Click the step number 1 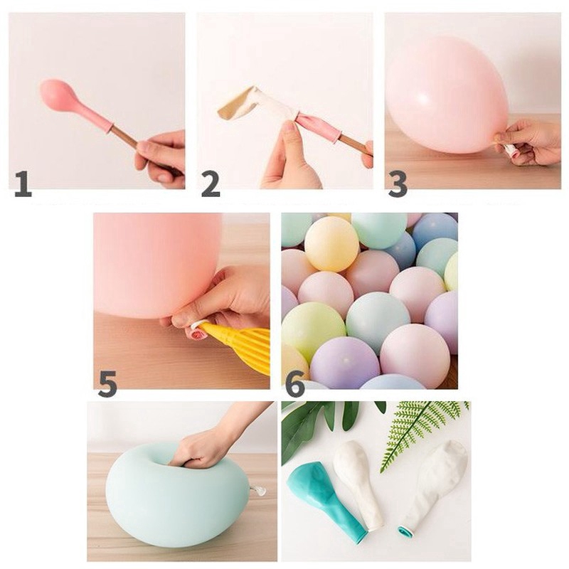(23, 184)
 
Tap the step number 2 (211, 184)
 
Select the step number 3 (398, 184)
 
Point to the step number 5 (107, 383)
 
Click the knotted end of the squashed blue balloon (260, 491)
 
